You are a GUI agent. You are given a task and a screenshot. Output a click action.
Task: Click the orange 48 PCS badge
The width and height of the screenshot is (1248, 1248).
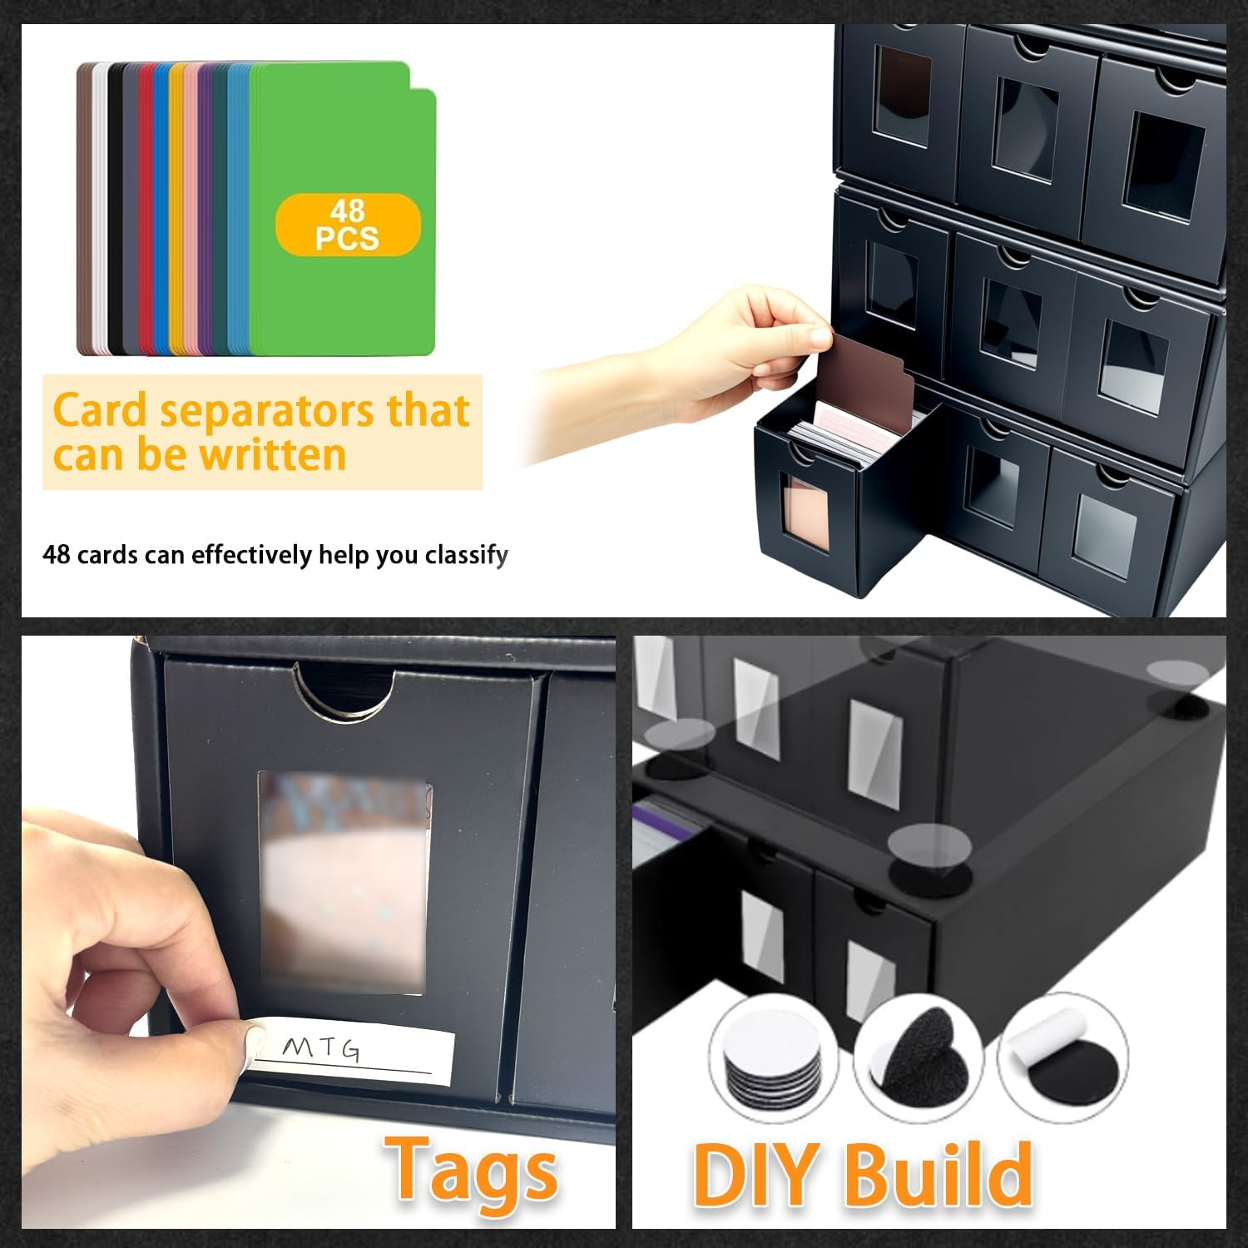(x=348, y=225)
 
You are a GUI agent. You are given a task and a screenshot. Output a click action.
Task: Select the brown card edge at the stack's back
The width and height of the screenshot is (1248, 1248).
(x=83, y=208)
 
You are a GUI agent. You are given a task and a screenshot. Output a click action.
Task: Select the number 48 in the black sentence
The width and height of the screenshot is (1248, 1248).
(x=56, y=555)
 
